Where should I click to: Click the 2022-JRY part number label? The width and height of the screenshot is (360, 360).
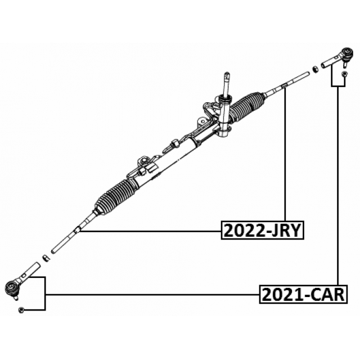point(263,230)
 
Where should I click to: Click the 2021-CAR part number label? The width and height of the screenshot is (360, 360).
point(303,294)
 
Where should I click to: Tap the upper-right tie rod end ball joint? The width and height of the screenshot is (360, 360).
point(348,53)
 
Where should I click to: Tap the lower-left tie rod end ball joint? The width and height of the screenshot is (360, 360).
point(11,287)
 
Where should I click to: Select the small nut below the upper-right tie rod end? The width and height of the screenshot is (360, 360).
point(344,74)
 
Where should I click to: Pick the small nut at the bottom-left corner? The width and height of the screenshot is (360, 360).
point(21,310)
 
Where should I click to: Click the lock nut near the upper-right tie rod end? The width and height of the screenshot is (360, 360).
point(316,69)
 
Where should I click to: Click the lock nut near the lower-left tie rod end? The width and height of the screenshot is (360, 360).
point(47,258)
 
